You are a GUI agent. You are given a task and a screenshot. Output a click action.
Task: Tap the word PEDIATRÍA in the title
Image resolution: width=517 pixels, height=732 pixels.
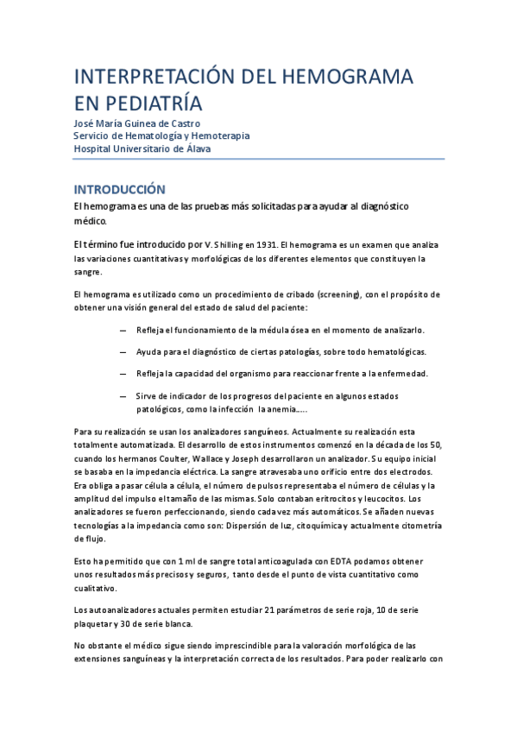[151, 104]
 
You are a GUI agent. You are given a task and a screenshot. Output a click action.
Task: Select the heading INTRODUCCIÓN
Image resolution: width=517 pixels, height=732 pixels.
[118, 188]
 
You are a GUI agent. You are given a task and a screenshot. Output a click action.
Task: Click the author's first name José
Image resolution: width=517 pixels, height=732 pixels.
[85, 123]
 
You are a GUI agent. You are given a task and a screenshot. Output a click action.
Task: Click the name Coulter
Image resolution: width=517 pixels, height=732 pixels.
[173, 458]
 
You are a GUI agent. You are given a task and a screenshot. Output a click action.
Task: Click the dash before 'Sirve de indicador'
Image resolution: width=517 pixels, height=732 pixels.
[123, 395]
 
